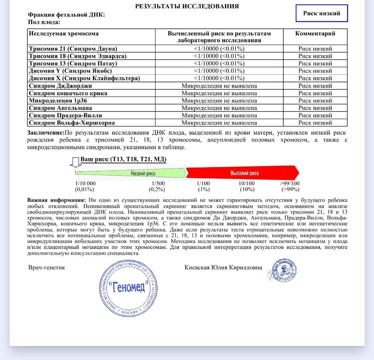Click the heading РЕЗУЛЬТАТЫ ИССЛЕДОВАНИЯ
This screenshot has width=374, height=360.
click(187, 6)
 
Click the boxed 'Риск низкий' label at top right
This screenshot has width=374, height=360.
click(321, 13)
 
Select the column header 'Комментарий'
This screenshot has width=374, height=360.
click(315, 34)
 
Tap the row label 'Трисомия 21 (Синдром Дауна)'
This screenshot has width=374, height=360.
click(73, 49)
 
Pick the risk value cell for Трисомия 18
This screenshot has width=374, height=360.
click(219, 56)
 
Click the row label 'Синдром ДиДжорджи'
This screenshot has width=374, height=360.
click(60, 86)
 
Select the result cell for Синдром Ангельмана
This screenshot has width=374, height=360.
click(219, 108)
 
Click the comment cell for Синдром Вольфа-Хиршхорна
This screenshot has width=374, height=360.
click(315, 123)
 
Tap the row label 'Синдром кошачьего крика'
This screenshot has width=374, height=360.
click(68, 93)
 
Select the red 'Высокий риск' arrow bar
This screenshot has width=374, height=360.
click(243, 173)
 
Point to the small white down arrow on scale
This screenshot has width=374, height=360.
click(75, 162)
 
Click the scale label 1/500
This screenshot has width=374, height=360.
click(158, 183)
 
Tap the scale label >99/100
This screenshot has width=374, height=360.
click(289, 183)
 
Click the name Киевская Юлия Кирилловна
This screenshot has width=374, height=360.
click(223, 267)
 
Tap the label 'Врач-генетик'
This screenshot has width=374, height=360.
click(47, 267)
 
